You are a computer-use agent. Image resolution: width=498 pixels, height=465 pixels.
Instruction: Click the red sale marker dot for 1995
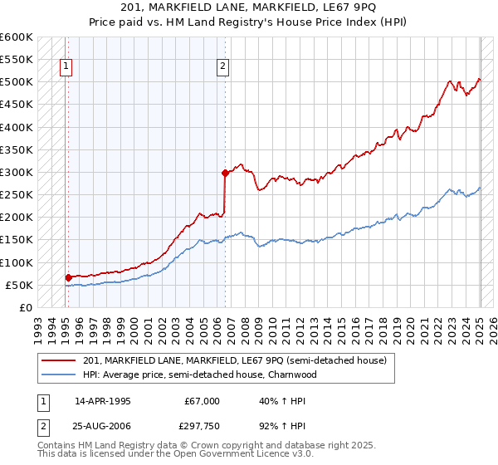point(68,277)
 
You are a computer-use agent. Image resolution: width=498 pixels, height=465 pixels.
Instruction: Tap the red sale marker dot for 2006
point(225,173)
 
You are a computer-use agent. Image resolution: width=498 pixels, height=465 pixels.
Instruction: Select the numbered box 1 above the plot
point(66,68)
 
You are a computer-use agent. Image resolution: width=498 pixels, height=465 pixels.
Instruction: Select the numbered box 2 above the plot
point(223,68)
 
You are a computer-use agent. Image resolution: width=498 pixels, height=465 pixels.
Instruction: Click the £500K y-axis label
point(16,82)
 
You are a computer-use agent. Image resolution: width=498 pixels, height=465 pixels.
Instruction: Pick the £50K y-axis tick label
point(19,285)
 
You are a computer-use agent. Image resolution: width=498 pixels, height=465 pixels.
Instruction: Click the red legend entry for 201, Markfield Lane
point(235,361)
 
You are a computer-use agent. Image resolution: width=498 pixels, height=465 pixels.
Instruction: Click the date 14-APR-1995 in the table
point(103,401)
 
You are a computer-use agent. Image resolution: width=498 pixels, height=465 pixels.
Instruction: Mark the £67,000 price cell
point(202,401)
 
